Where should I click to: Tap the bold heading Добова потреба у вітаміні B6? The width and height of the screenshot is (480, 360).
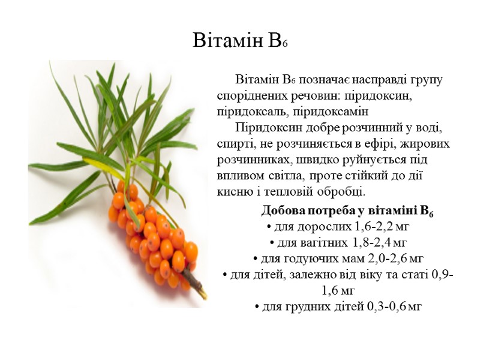click(x=347, y=211)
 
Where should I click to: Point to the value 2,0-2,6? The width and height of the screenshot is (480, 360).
click(x=383, y=259)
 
